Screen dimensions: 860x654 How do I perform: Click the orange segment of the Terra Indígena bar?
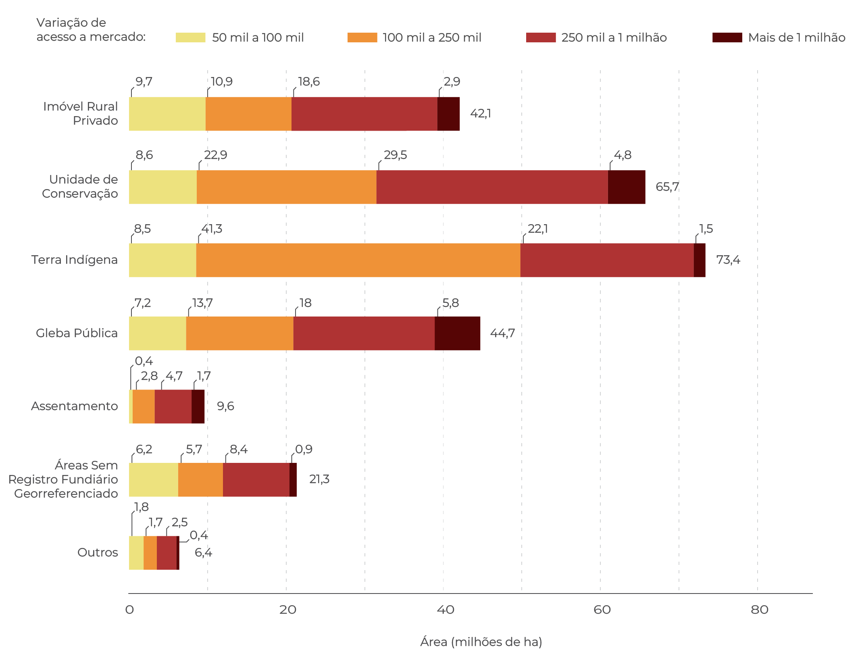pos(358,260)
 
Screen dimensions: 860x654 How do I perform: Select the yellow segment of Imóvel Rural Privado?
pos(167,114)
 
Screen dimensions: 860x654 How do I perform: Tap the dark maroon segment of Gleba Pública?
pos(458,333)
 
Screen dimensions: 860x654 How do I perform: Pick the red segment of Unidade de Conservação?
pos(492,187)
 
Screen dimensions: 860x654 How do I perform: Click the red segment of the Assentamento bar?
pos(173,406)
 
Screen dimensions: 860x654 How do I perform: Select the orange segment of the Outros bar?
pos(150,553)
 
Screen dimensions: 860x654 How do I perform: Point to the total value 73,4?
pos(728,260)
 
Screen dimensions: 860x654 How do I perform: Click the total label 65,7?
pos(667,187)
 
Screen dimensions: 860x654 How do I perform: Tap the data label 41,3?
pos(212,229)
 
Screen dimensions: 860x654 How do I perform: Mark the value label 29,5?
pos(396,155)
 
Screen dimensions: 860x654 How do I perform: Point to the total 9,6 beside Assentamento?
pos(225,406)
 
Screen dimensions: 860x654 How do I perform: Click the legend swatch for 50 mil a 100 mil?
pos(190,37)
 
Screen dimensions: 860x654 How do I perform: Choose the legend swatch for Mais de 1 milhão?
pos(727,37)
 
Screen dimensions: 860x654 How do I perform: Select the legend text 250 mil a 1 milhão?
pos(614,37)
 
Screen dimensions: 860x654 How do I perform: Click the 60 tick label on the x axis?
pos(602,610)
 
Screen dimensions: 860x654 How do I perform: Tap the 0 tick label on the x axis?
pos(129,610)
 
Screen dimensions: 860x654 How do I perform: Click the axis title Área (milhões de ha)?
pos(481,642)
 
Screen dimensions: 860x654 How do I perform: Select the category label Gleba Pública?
pos(77,333)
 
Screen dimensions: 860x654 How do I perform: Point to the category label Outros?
pos(98,552)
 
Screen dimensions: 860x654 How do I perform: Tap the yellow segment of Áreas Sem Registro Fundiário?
pos(154,480)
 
